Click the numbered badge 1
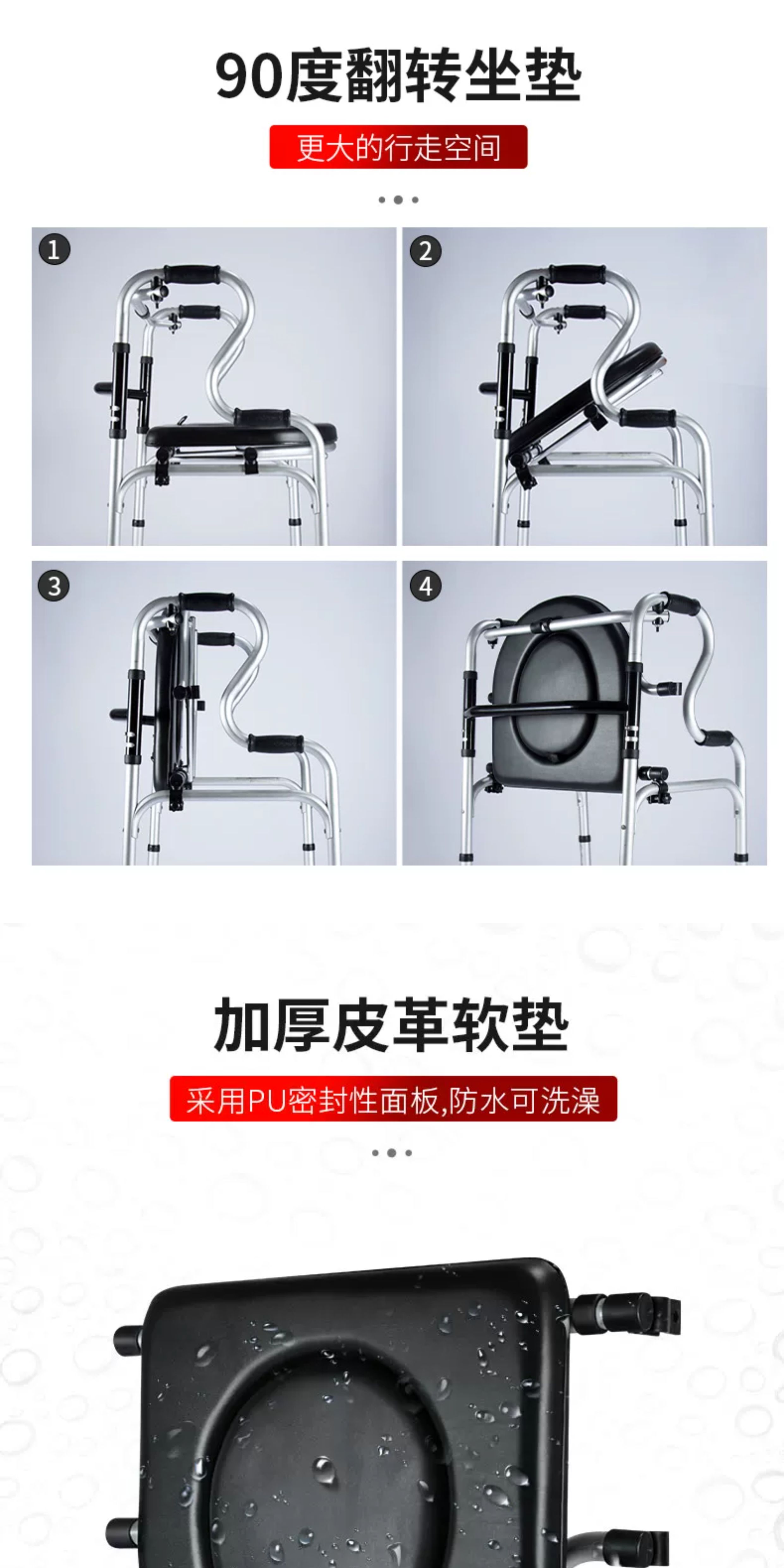pyautogui.click(x=54, y=249)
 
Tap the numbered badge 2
pyautogui.click(x=426, y=251)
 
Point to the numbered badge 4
pyautogui.click(x=426, y=586)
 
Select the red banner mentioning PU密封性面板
pyautogui.click(x=393, y=1099)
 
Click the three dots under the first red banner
pyautogui.click(x=398, y=200)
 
